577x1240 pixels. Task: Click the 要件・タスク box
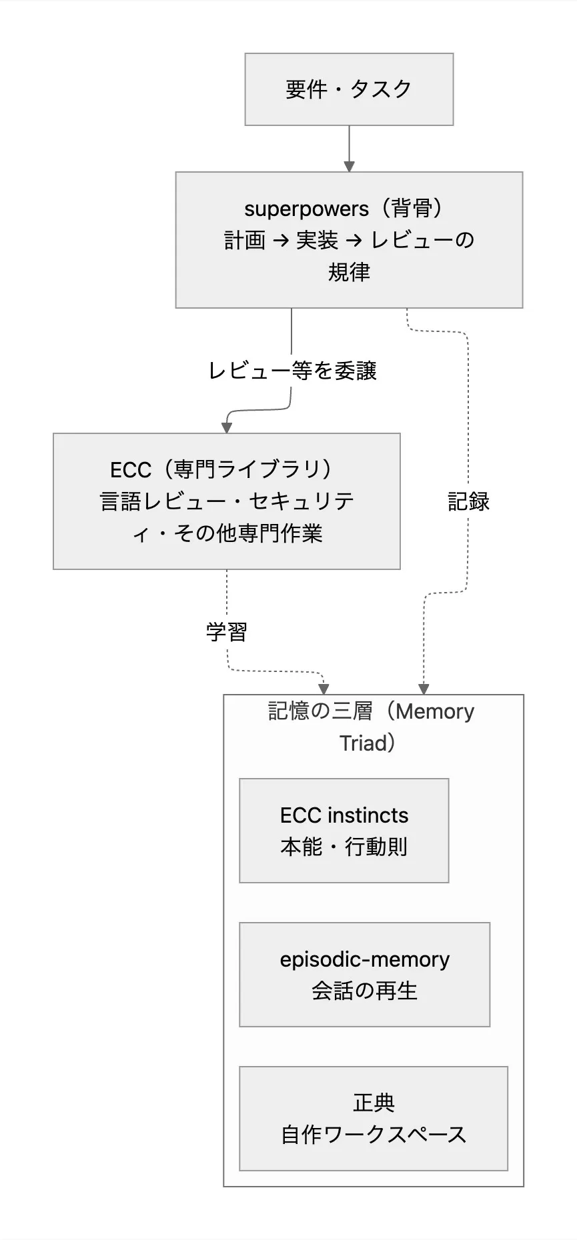pos(349,89)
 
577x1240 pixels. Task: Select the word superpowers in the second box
pos(306,209)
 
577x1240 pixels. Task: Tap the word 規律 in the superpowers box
pos(349,272)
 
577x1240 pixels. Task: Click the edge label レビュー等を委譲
pos(293,371)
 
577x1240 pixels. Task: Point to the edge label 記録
pos(468,501)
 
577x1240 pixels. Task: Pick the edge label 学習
pos(227,631)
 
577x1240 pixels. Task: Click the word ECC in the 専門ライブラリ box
pos(131,470)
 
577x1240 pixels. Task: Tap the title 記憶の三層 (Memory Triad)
pos(371,727)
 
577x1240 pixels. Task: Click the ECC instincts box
pos(344,831)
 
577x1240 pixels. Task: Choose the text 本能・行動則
pos(344,847)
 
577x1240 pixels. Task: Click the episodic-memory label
pos(365,959)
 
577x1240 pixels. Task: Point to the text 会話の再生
pos(365,991)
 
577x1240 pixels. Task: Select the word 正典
pos(374,1103)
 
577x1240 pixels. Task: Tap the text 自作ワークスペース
pos(374,1135)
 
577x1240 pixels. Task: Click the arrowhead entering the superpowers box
pos(349,167)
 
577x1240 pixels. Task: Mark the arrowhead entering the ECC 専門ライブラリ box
pos(227,428)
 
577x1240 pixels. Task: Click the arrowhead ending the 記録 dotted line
pos(423,689)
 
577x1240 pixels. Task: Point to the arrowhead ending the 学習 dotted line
pos(324,689)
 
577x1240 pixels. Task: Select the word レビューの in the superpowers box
pos(422,241)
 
